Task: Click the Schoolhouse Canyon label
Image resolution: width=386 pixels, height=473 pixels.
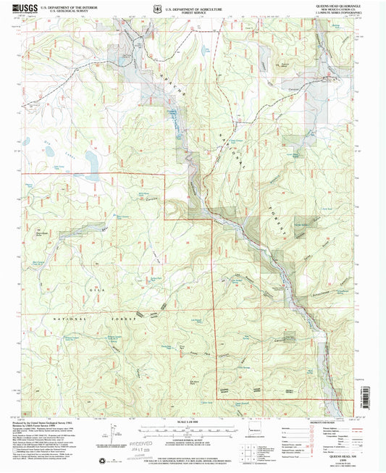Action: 330,285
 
